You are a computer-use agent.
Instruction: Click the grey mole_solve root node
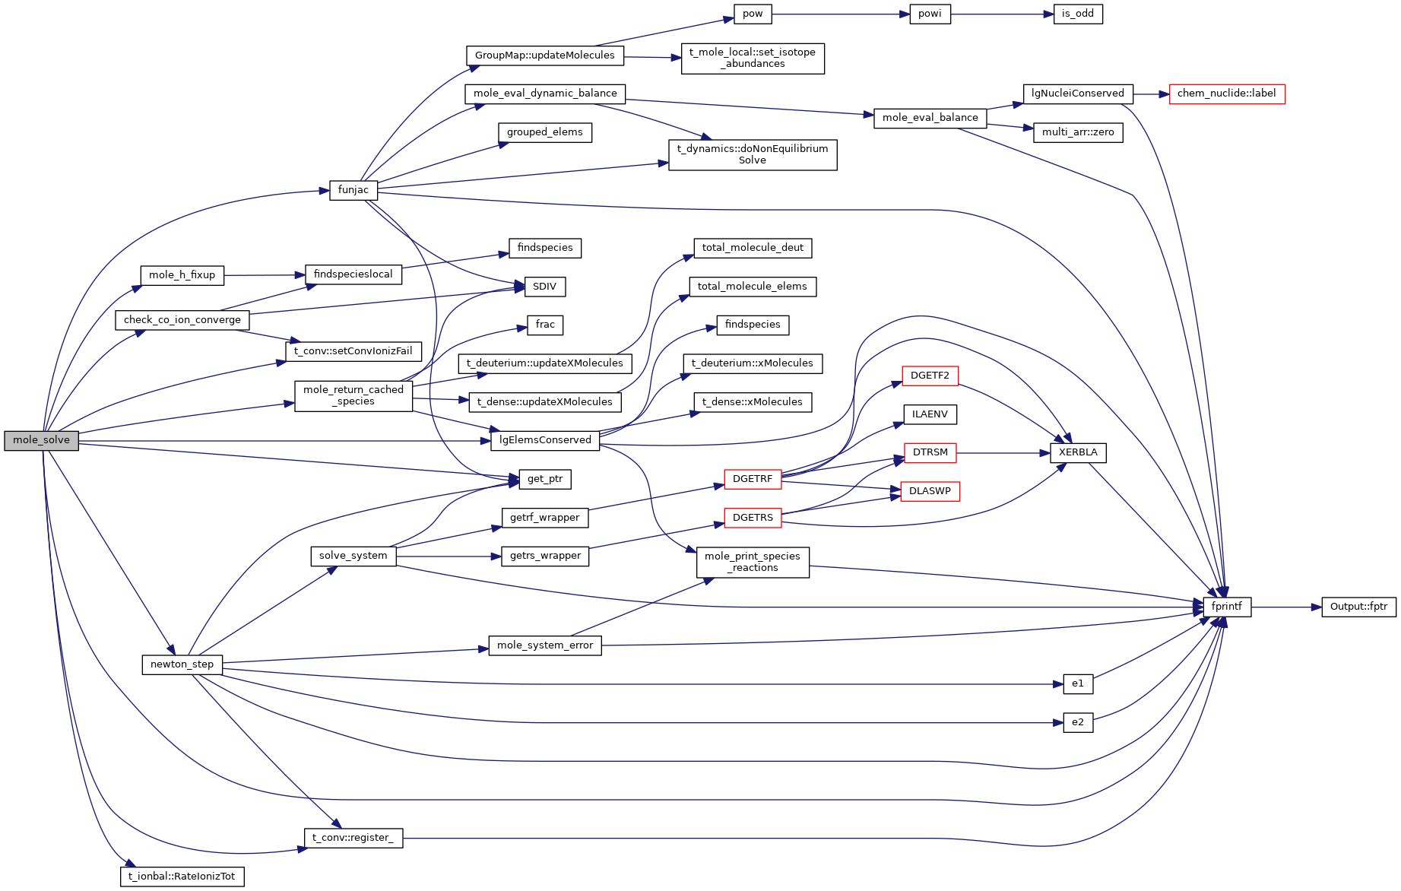[x=41, y=440]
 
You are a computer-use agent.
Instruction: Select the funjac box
[x=353, y=190]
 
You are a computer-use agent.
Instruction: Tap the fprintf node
[x=1227, y=607]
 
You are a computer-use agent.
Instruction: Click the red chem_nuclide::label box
[x=1226, y=94]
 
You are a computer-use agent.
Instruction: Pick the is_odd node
[x=1077, y=14]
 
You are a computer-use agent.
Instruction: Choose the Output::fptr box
[x=1358, y=607]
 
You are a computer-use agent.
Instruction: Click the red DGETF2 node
[x=930, y=376]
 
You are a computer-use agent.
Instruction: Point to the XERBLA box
[x=1078, y=452]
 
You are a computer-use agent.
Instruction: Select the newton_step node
[x=182, y=664]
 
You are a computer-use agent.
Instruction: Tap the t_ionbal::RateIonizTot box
[x=182, y=877]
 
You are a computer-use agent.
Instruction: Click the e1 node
[x=1077, y=683]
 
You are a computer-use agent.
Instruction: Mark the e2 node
[x=1077, y=722]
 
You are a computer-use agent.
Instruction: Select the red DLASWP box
[x=930, y=491]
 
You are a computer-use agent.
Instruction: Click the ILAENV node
[x=930, y=414]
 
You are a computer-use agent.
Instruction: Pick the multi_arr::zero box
[x=1077, y=132]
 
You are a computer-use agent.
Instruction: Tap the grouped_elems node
[x=544, y=132]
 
